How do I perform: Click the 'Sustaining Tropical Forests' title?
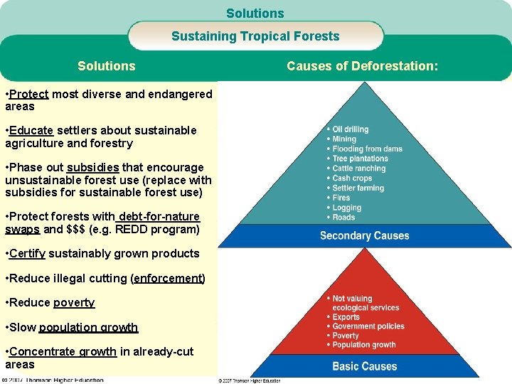tap(255, 36)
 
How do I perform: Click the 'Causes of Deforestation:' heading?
tap(362, 66)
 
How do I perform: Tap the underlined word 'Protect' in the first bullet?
tap(29, 94)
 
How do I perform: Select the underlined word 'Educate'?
tap(31, 130)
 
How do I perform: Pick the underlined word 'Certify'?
tap(29, 253)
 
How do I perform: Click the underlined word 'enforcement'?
tap(168, 278)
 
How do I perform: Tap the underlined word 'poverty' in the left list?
tap(74, 302)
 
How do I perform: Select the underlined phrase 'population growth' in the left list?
tap(88, 327)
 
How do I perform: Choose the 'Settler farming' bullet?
tap(358, 188)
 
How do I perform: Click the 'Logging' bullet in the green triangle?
tap(346, 208)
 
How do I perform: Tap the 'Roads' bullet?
tap(343, 217)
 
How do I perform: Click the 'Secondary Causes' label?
tap(364, 235)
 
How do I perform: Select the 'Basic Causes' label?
tap(364, 366)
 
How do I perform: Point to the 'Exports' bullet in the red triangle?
tap(346, 317)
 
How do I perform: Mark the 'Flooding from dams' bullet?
tap(367, 149)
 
